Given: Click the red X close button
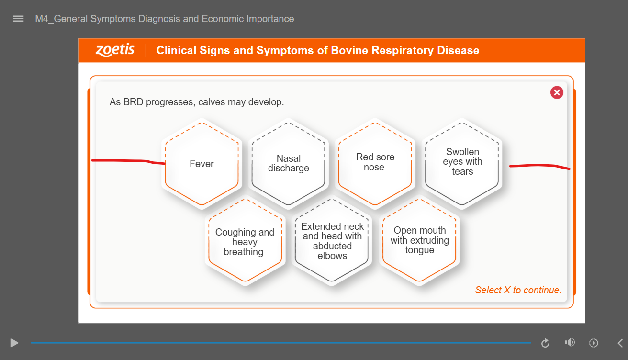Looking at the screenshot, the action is [x=557, y=92].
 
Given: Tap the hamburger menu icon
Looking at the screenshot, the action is [x=19, y=19].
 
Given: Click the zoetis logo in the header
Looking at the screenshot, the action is [x=115, y=50].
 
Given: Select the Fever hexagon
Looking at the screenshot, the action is [x=202, y=164].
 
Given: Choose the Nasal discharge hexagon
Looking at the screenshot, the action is [x=288, y=164].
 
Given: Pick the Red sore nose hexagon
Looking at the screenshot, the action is [x=375, y=164].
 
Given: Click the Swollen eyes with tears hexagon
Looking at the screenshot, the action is [x=462, y=164].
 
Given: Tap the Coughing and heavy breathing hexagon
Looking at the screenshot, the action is [x=245, y=241].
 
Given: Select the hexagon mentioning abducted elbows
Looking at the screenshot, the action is [x=332, y=241].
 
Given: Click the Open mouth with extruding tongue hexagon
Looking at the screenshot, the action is [x=419, y=241].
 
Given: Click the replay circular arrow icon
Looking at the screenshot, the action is [x=545, y=343].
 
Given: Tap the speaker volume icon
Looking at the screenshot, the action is [x=570, y=343].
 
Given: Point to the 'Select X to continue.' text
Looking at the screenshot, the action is [x=518, y=290].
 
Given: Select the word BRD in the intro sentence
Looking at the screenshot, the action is [x=134, y=102].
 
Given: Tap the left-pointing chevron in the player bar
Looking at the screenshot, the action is [x=620, y=343].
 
